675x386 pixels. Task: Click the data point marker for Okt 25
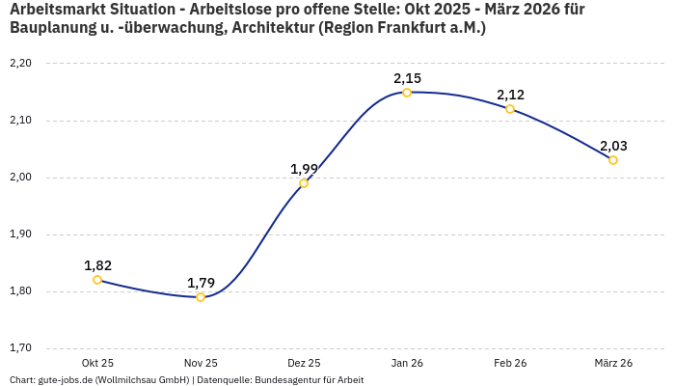coord(97,280)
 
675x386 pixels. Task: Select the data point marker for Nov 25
coord(201,297)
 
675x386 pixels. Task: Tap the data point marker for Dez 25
coord(304,183)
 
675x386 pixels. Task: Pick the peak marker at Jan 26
coord(407,93)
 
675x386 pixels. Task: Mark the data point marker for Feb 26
coord(510,109)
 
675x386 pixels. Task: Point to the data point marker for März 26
coord(613,160)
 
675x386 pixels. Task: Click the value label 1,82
coord(97,265)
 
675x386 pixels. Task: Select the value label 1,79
coord(201,283)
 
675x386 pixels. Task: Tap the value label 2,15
coord(407,78)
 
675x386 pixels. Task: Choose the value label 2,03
coord(613,146)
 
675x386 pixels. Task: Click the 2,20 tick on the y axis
coord(20,64)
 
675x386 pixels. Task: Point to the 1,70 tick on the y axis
coord(20,348)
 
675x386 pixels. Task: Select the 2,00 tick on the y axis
coord(20,178)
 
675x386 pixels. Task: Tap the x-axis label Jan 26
coord(407,363)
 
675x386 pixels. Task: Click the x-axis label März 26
coord(613,363)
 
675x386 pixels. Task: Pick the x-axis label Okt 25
coord(97,363)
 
